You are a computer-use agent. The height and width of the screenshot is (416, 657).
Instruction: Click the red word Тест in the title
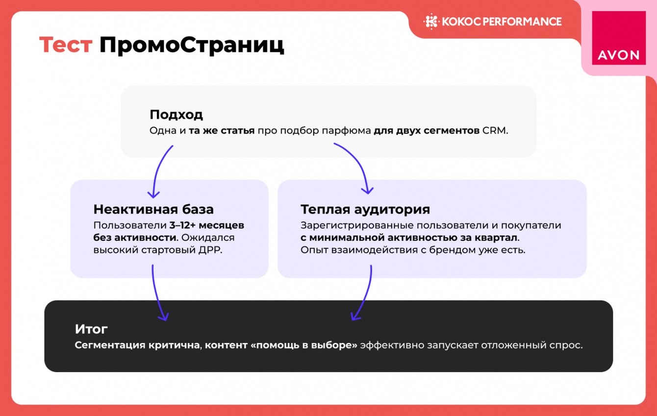(66, 45)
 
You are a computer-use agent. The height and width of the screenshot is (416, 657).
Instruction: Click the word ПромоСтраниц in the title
(192, 46)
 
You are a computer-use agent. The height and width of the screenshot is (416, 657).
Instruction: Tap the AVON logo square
(619, 38)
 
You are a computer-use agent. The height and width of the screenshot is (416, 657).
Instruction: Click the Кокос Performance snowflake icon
(431, 22)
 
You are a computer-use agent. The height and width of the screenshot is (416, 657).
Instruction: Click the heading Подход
(177, 115)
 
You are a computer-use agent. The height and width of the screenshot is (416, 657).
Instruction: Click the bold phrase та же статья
(222, 130)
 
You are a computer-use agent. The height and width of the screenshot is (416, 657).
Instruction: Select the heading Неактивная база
(153, 209)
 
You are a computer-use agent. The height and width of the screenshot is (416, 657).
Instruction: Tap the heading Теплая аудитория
(365, 209)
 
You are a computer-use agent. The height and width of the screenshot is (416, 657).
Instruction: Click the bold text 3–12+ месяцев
(207, 225)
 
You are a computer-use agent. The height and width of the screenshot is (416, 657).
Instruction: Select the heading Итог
(91, 329)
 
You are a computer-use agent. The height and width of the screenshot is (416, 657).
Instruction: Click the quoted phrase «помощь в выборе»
(304, 345)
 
